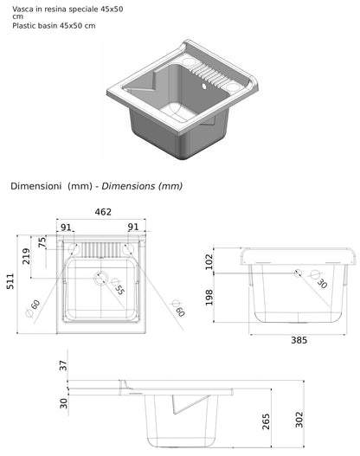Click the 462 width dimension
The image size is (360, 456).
coord(103,212)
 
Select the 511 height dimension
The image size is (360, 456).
coord(10,281)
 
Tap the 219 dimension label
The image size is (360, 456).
coord(26,256)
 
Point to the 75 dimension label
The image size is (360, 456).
coord(42,242)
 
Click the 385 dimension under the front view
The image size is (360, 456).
coord(299,340)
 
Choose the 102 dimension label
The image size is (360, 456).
coord(209,261)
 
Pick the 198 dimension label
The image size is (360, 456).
coord(209,297)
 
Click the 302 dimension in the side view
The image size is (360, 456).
coord(299,420)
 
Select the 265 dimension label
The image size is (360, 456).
coord(266,421)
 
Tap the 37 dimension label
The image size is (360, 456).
coord(63,365)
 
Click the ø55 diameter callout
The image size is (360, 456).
coord(118,286)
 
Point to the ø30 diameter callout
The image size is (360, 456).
coord(319,279)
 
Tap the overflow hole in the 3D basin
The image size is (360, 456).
coord(204,86)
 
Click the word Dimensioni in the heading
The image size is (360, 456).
coord(36,186)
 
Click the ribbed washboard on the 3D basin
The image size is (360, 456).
coord(209,74)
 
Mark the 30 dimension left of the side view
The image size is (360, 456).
coord(63,403)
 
